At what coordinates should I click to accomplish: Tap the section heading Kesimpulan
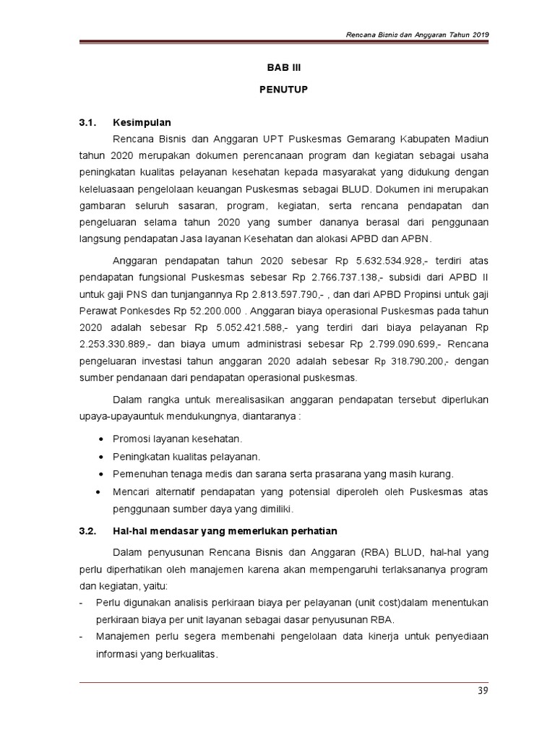click(x=142, y=122)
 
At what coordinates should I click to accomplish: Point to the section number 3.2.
click(x=87, y=531)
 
